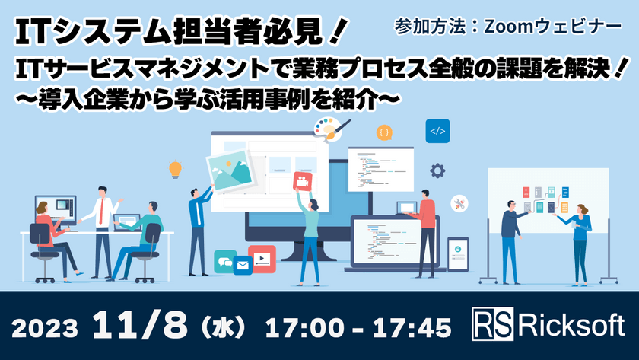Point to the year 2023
point(48,327)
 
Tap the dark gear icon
point(437,170)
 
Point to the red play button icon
point(262,259)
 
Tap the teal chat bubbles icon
point(224,259)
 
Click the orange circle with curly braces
point(385,132)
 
